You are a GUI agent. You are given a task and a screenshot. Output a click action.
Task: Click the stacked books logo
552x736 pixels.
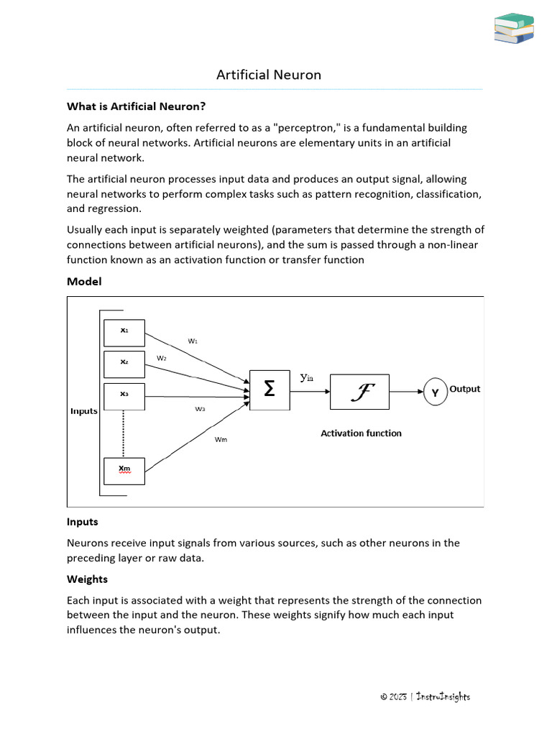tap(515, 28)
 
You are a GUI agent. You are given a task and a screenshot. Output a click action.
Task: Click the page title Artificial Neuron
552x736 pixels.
tap(269, 75)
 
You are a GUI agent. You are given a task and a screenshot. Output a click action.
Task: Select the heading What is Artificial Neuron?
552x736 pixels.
tap(137, 106)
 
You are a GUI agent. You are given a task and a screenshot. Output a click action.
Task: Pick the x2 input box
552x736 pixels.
tap(124, 363)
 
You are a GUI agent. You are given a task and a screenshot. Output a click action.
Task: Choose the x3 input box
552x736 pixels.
tap(124, 395)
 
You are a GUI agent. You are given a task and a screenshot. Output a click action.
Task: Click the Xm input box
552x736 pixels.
tap(124, 470)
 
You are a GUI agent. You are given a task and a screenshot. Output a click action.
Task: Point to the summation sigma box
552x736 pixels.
tap(270, 390)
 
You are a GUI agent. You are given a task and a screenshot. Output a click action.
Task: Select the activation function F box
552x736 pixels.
tap(359, 392)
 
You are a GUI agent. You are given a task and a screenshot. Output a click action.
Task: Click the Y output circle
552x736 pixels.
tap(435, 392)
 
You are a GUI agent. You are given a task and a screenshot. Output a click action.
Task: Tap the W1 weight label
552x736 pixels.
tap(193, 341)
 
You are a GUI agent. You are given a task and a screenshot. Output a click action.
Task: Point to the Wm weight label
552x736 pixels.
tap(221, 440)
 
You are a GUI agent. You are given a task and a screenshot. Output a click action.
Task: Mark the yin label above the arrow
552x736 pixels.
tap(307, 377)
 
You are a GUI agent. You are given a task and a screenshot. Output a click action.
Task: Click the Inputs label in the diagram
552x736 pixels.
tap(84, 411)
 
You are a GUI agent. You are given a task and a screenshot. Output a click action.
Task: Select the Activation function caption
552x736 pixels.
tap(361, 433)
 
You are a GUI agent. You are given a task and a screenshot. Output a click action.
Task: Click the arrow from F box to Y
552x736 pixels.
tap(406, 392)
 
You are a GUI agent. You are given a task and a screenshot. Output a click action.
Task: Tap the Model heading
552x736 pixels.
tap(84, 282)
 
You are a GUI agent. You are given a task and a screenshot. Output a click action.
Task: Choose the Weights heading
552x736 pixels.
tap(87, 579)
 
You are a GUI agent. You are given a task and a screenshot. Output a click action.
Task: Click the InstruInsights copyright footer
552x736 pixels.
tap(425, 696)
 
